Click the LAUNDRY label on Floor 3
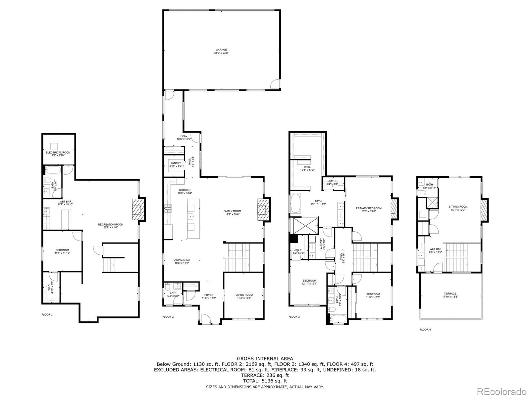click(x=321, y=244)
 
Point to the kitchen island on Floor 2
click(x=194, y=218)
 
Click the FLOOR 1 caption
click(x=47, y=314)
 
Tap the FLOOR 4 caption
click(x=425, y=330)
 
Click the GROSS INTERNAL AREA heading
click(x=265, y=358)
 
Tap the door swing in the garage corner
click(x=275, y=84)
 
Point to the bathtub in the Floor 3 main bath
click(x=295, y=203)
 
